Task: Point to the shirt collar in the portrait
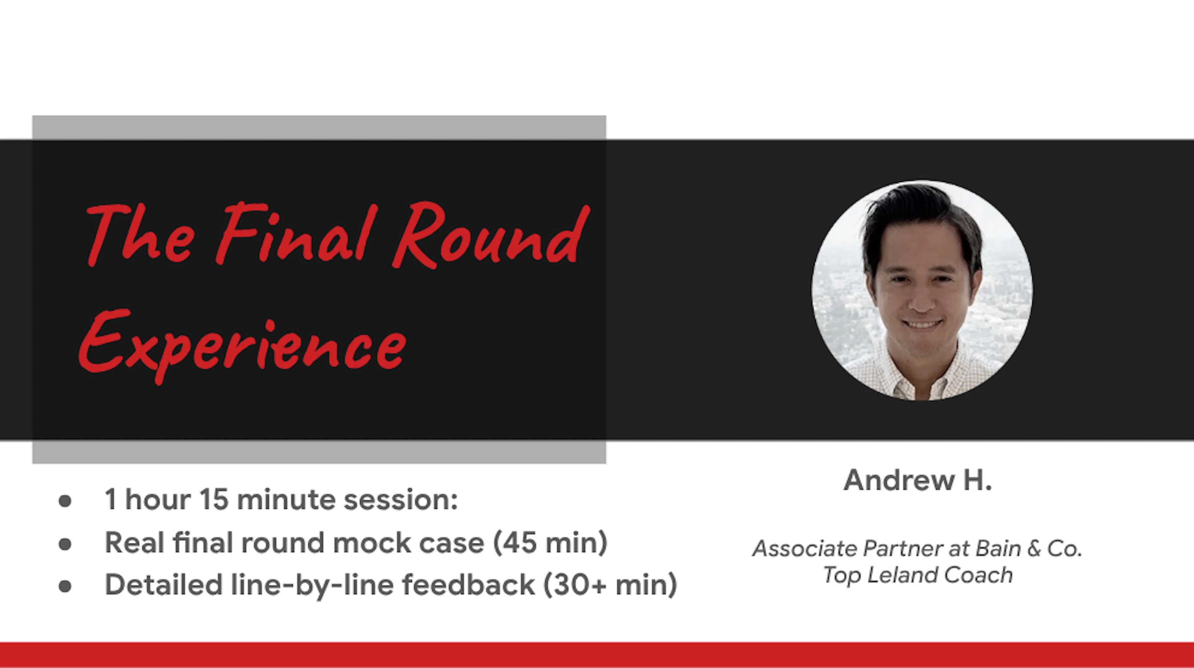pyautogui.click(x=915, y=387)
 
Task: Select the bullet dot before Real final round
pyautogui.click(x=65, y=543)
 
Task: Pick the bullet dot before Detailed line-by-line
pyautogui.click(x=65, y=586)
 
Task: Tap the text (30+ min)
pyautogui.click(x=610, y=585)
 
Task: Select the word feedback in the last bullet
pyautogui.click(x=468, y=585)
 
